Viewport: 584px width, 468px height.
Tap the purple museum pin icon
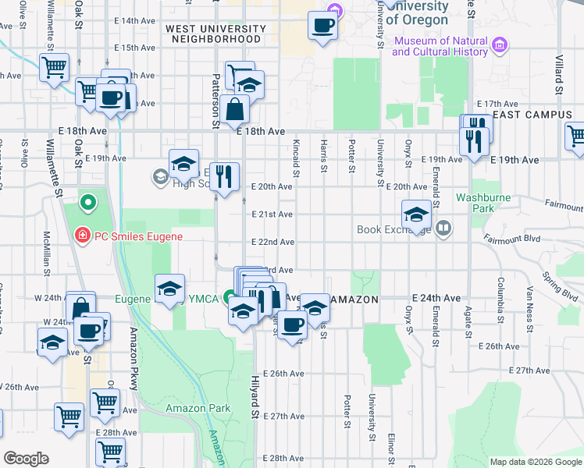coord(501,45)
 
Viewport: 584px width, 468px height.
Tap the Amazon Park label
coord(198,408)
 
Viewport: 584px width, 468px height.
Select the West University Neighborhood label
coord(216,34)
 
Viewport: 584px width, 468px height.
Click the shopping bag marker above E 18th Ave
coord(234,111)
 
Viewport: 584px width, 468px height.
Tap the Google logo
coord(26,459)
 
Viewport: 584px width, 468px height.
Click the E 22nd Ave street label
coord(272,242)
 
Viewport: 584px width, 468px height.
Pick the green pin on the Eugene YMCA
coord(229,297)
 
